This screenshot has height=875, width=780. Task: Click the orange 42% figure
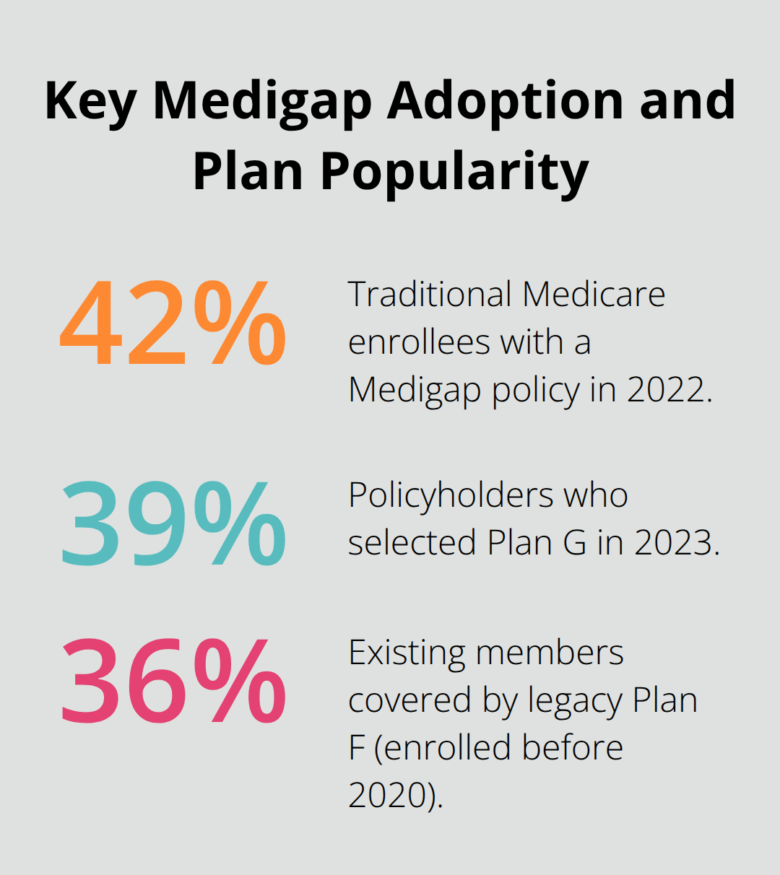tap(173, 324)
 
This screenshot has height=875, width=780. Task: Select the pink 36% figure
tap(173, 682)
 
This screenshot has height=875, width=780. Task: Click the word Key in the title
tap(90, 101)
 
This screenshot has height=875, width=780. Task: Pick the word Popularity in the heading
tap(455, 172)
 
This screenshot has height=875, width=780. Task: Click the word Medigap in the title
tap(264, 101)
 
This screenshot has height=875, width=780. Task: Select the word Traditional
tap(429, 295)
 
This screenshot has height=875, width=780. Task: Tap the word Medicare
tap(594, 295)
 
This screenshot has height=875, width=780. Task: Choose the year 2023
tap(676, 543)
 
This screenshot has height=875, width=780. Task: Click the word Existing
tap(407, 653)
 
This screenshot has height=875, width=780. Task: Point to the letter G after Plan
tap(575, 543)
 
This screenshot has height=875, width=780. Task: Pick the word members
tap(550, 653)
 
